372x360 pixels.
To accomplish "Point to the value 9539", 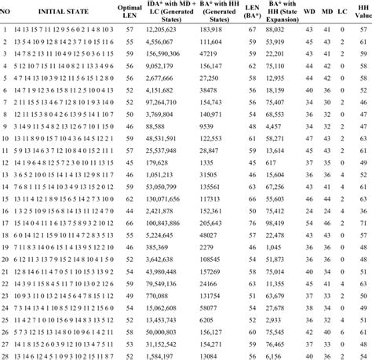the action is tap(209, 125).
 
